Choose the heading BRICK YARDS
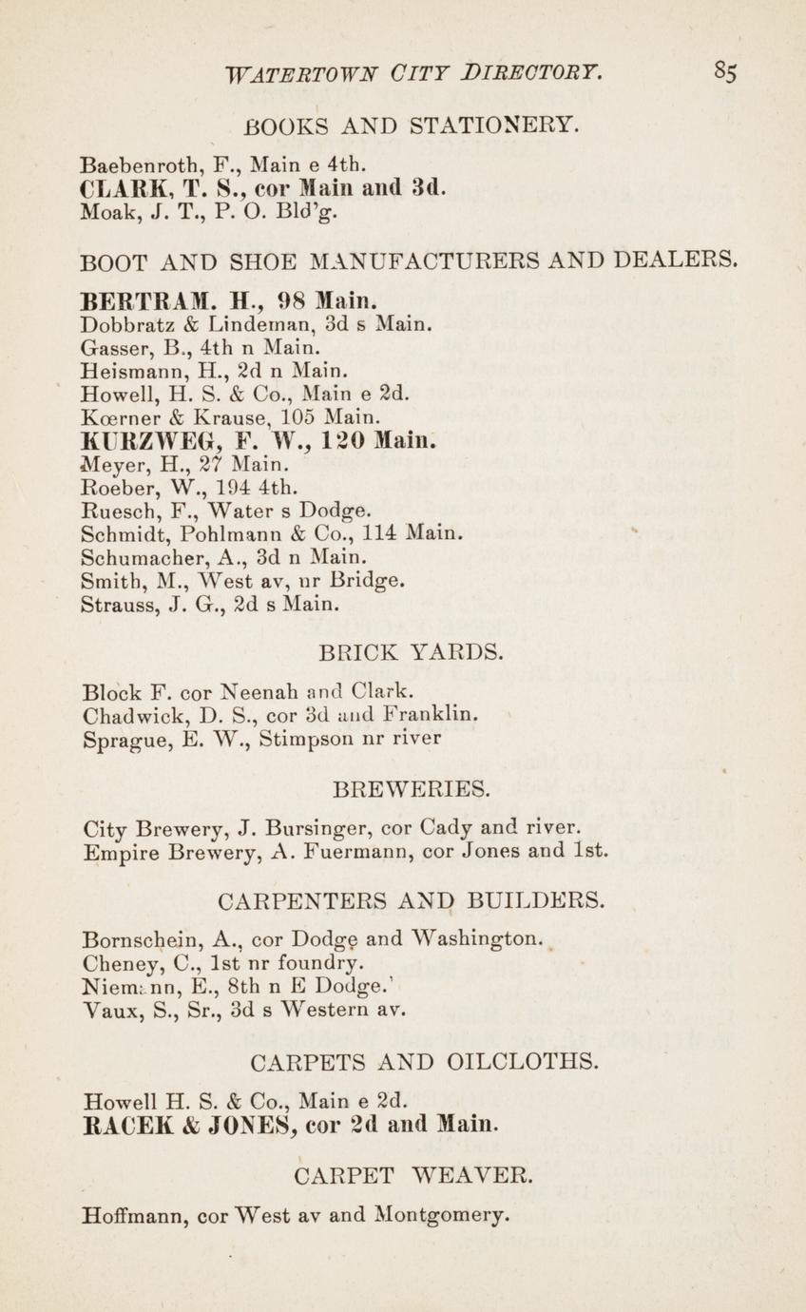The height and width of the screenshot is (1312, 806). click(x=412, y=653)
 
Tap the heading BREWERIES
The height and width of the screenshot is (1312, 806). click(x=413, y=788)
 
